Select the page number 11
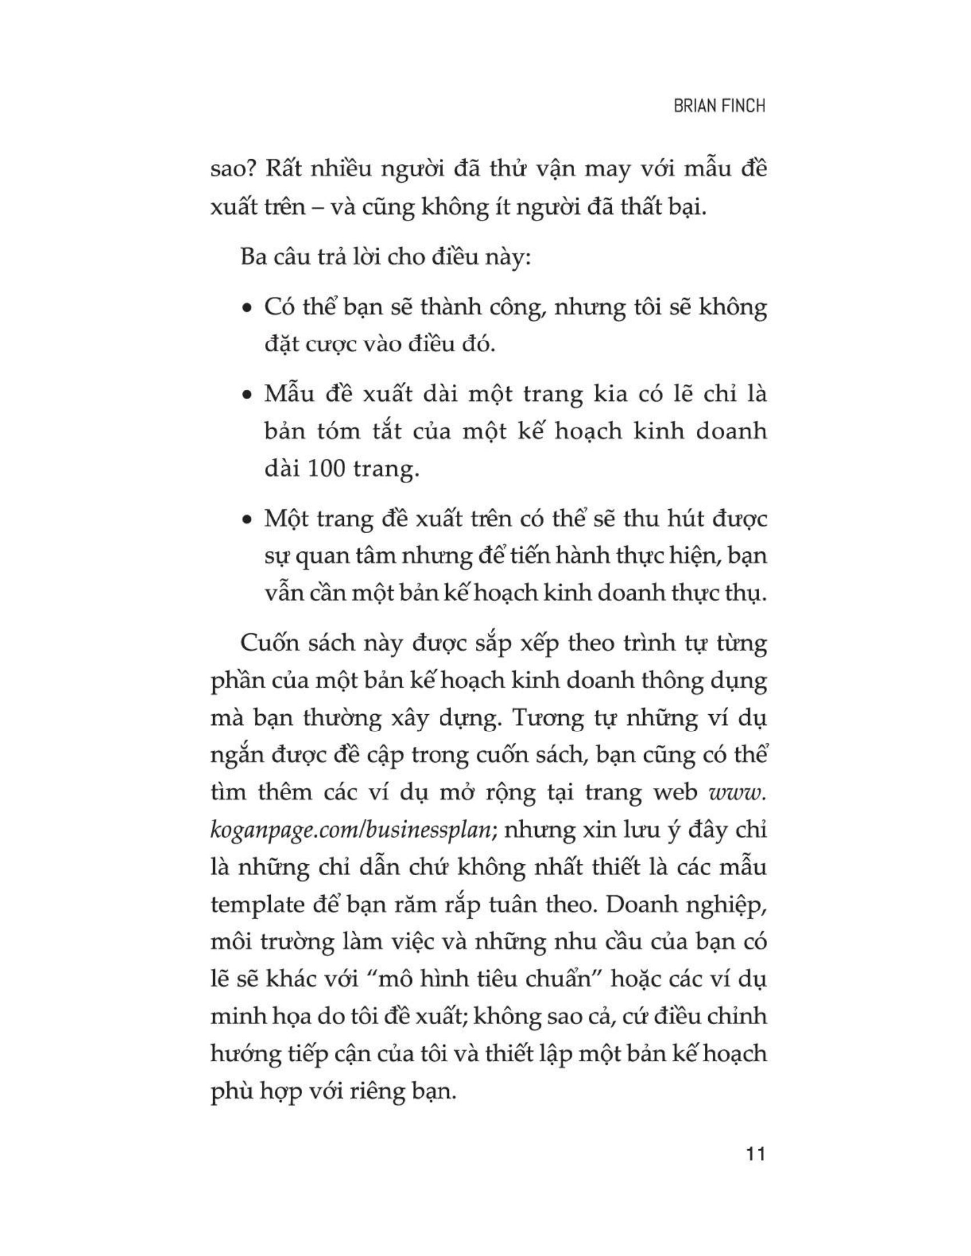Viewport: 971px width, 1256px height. (754, 1154)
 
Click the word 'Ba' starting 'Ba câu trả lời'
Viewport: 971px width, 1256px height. (254, 257)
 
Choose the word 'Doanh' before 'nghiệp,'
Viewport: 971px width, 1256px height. (639, 905)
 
